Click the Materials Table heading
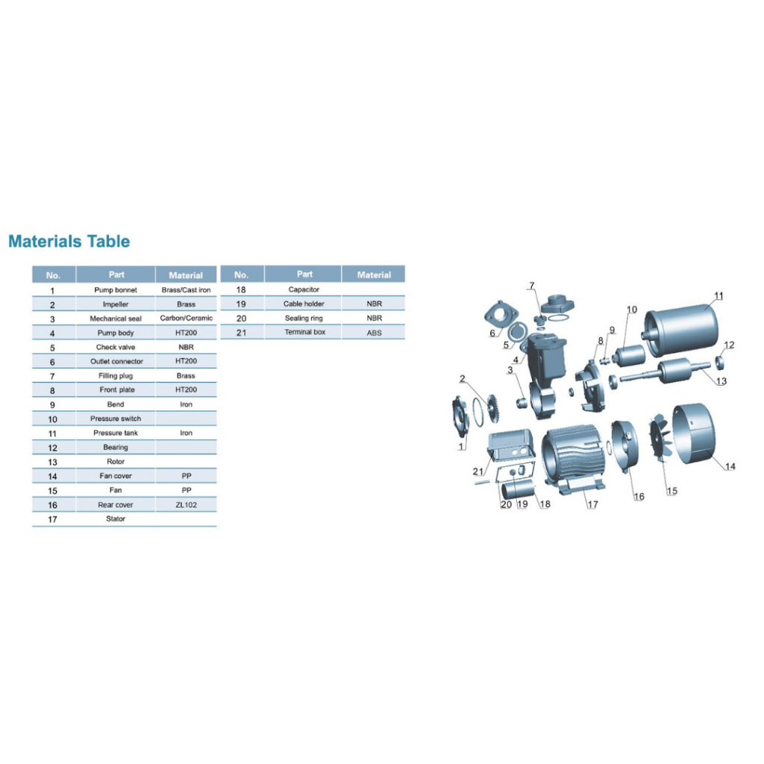point(69,241)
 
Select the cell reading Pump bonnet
point(116,290)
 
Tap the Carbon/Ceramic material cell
point(186,318)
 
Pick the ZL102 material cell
point(186,505)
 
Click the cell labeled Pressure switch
point(116,419)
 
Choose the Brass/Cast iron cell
point(186,290)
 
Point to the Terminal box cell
point(305,332)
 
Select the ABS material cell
point(375,333)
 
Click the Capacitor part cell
point(304,289)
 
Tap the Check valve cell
point(116,347)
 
